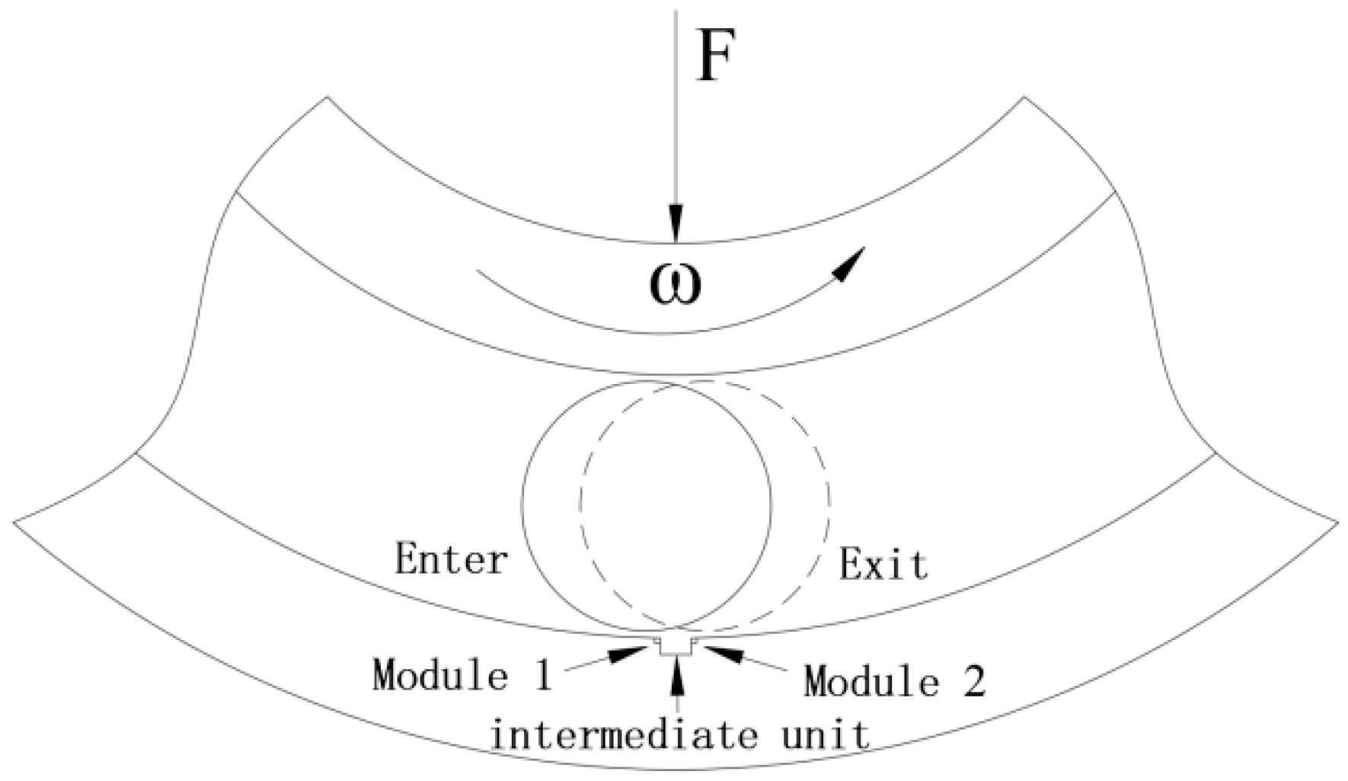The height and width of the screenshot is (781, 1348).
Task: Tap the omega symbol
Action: [676, 284]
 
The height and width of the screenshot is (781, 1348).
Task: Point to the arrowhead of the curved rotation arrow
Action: [851, 263]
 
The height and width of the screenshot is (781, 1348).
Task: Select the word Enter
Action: [451, 560]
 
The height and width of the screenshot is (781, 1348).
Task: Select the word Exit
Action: [883, 565]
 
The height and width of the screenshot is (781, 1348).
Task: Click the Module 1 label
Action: [462, 675]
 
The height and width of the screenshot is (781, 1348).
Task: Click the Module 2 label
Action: [895, 680]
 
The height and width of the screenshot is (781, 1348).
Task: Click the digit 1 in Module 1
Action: [542, 675]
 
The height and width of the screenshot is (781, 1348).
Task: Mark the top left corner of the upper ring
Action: [327, 97]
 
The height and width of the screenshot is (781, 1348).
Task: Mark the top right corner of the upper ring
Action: [1024, 97]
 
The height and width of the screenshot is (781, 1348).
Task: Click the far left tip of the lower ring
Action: [14, 522]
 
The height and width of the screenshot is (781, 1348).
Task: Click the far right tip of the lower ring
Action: [1337, 522]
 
